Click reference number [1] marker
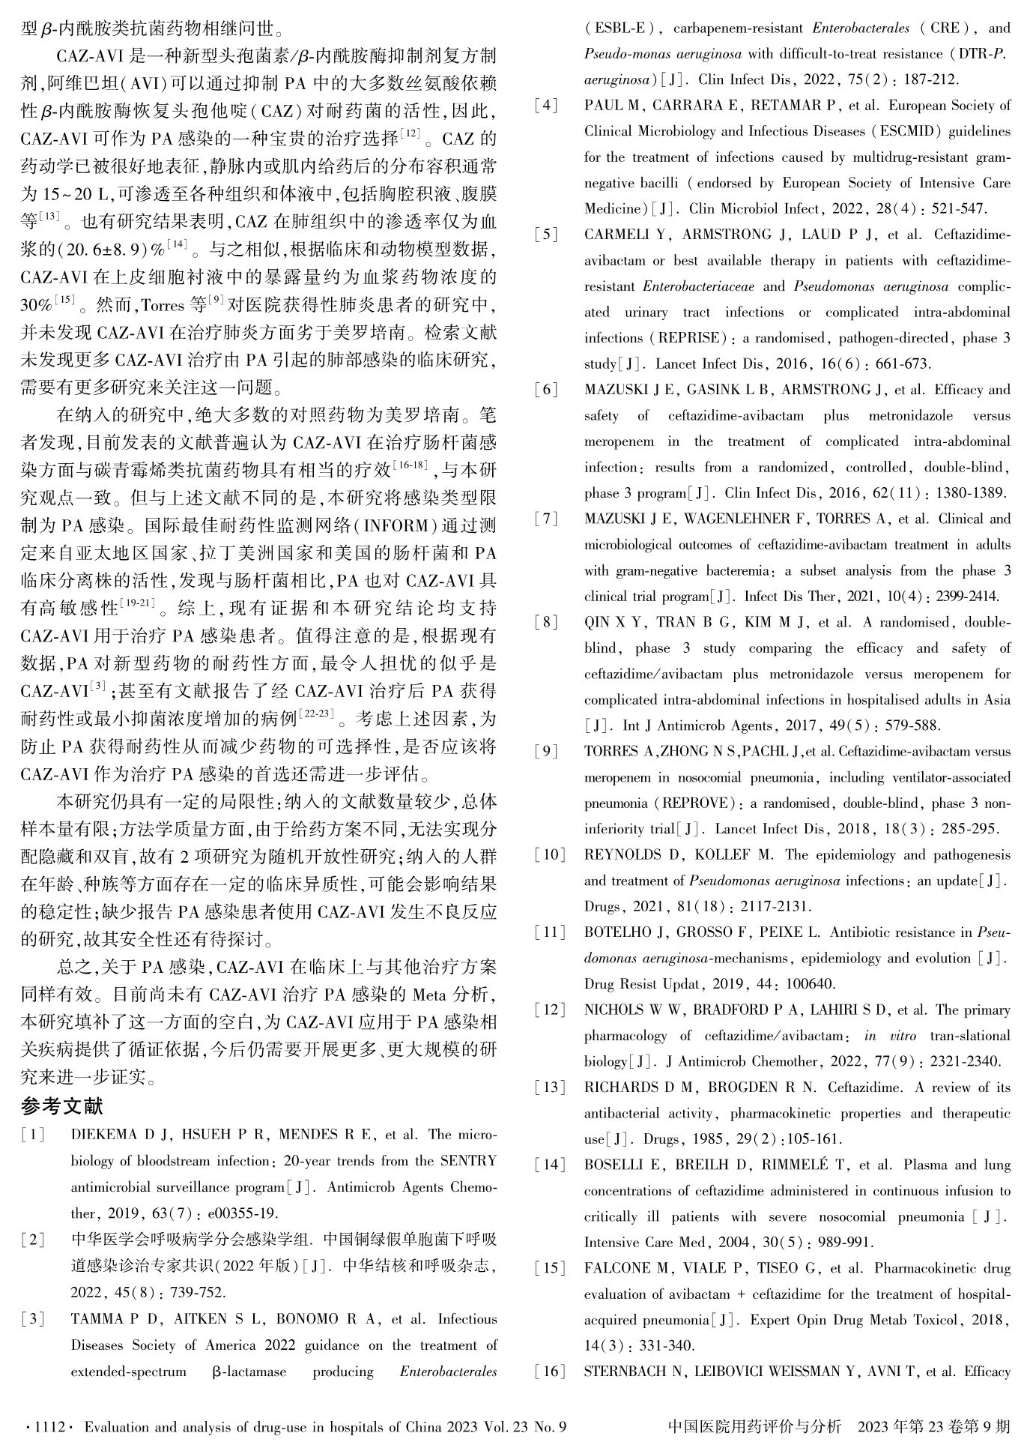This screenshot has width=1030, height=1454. click(x=34, y=1135)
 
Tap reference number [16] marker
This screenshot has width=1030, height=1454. click(x=551, y=1372)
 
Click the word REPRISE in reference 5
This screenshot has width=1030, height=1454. click(x=688, y=338)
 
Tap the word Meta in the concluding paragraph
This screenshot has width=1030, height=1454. click(x=428, y=995)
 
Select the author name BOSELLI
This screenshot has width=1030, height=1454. click(x=614, y=1165)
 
